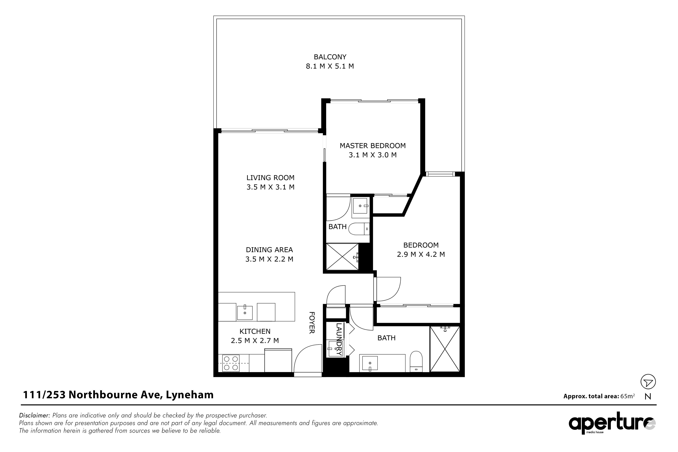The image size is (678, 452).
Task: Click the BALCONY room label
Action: pos(330,57)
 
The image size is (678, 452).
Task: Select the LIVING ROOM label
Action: pos(270,178)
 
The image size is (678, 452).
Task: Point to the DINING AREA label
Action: pos(269,250)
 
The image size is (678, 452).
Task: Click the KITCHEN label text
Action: pos(255,332)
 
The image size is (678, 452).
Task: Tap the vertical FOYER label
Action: pos(312,323)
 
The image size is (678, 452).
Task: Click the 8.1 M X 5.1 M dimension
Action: pos(330,66)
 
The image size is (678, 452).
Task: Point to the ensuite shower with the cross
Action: pos(342,257)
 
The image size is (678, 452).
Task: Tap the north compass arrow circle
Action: pos(648,382)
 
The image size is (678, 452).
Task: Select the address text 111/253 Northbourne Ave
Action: pos(92,395)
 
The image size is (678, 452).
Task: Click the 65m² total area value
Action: pos(627,396)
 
